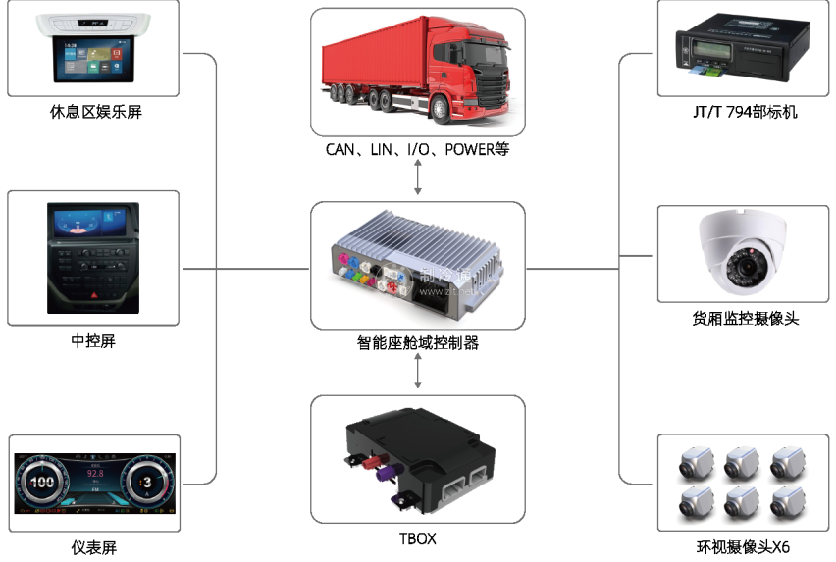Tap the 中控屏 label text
[x=93, y=341]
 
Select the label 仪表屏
[x=94, y=547]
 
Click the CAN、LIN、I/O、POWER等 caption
[x=418, y=150]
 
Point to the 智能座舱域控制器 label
[x=418, y=343]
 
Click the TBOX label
[x=418, y=538]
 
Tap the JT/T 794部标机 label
[x=744, y=112]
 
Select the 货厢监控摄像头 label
[x=744, y=320]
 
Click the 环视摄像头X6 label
[x=744, y=547]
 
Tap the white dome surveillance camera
[x=742, y=253]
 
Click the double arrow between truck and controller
[x=419, y=177]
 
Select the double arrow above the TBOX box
[x=419, y=370]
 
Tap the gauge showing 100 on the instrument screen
[x=43, y=483]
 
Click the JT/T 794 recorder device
[x=742, y=49]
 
